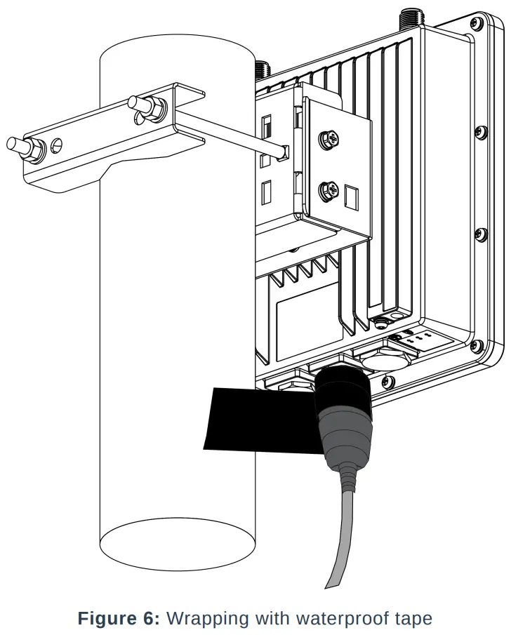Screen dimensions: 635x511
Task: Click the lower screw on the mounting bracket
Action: [327, 189]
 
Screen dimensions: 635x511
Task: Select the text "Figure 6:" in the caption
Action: [119, 619]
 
